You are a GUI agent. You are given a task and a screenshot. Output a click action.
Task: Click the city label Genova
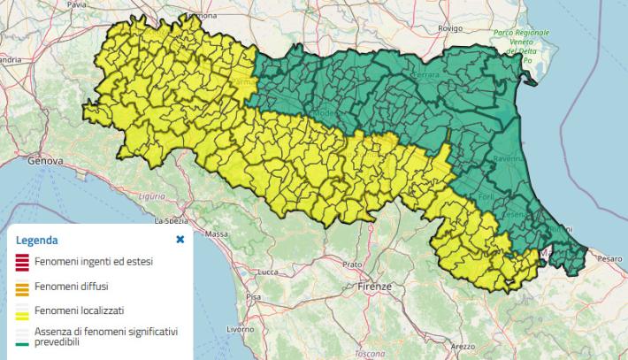[x=47, y=162]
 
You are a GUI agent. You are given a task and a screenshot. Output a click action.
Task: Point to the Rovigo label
[x=449, y=28]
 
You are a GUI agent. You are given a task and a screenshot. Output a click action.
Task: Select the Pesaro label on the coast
[x=609, y=258]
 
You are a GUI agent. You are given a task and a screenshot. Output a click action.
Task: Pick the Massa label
[x=216, y=234]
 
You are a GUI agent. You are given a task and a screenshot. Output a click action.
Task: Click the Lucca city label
[x=258, y=273]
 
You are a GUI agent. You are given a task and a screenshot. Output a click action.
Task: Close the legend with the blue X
[x=180, y=239]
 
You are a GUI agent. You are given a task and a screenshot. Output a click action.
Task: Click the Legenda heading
[x=37, y=240]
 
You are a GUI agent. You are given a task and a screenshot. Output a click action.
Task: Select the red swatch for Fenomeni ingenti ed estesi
[x=22, y=263]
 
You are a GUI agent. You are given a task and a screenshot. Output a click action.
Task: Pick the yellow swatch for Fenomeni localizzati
[x=22, y=311]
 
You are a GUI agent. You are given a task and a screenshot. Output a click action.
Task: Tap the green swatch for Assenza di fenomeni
[x=22, y=335]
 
